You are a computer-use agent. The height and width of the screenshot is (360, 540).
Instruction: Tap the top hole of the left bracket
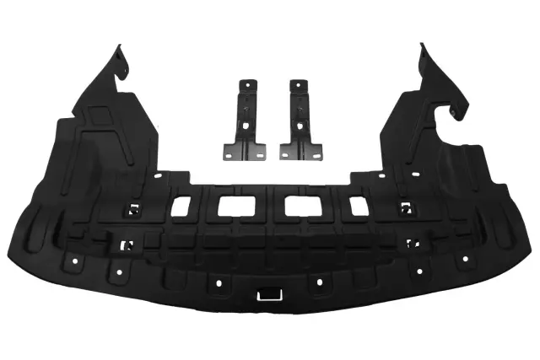click(x=248, y=87)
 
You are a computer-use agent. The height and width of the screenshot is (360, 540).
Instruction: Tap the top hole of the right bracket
click(x=296, y=87)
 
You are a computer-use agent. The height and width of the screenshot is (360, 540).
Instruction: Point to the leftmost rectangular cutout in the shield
click(x=182, y=204)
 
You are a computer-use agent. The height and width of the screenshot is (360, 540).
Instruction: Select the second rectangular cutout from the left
click(x=229, y=205)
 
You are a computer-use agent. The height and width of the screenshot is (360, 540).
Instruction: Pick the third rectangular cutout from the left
click(x=297, y=205)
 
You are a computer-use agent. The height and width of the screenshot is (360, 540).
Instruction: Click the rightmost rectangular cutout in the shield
click(x=359, y=204)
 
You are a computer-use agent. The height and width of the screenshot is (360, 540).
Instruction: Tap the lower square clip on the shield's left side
click(x=127, y=244)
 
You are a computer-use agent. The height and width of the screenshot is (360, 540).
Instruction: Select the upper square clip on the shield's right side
click(x=406, y=208)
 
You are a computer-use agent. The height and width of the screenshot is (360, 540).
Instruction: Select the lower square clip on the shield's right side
click(x=413, y=244)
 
